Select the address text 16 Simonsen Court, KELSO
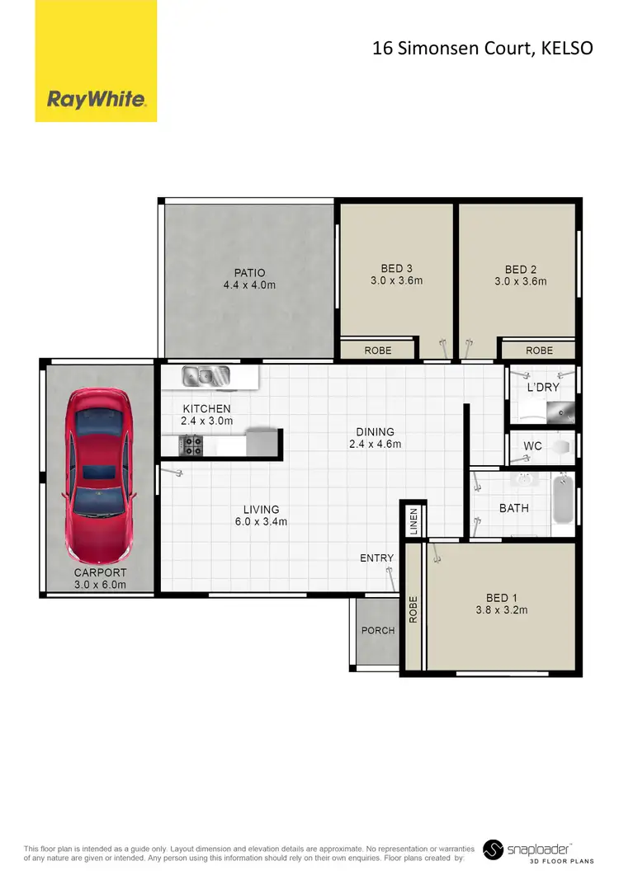tap(483, 48)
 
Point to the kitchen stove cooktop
tap(193, 445)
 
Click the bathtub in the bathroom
tap(562, 498)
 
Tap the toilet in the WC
tap(561, 447)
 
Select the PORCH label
tap(378, 631)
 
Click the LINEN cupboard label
tap(414, 521)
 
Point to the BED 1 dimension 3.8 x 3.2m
tap(502, 610)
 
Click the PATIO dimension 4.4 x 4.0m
tap(248, 285)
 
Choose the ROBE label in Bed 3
tap(377, 351)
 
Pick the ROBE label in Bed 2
tap(539, 351)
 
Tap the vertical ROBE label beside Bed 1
tap(413, 609)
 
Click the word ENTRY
tap(376, 558)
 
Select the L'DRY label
tap(543, 387)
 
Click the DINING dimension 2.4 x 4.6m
tap(375, 444)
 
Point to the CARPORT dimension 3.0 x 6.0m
tap(100, 585)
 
